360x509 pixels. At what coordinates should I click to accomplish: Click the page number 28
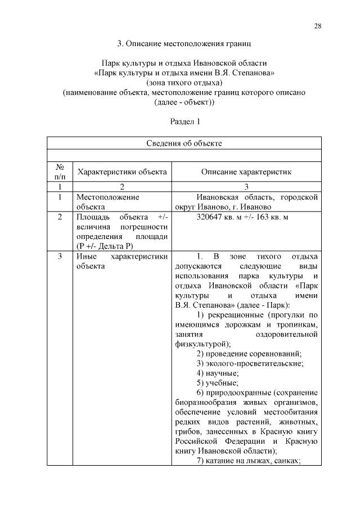[317, 27]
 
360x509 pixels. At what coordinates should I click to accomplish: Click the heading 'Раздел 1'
[184, 121]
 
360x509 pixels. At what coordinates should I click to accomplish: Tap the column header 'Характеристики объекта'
[122, 172]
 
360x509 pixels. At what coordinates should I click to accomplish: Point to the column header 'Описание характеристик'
[246, 172]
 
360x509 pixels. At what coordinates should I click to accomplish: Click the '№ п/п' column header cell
[60, 172]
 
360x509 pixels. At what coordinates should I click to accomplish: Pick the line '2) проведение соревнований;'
[249, 353]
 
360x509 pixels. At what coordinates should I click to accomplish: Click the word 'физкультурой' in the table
[202, 344]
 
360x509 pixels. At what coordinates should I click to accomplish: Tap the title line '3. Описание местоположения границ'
[184, 43]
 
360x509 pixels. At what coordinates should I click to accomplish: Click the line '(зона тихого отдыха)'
[184, 83]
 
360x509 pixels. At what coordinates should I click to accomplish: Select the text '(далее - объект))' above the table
[184, 102]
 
